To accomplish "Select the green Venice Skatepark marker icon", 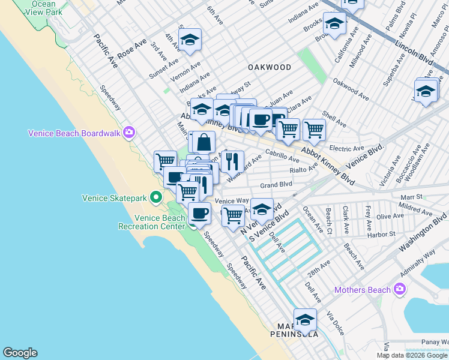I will (x=156, y=197).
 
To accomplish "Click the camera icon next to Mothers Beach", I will (x=400, y=290).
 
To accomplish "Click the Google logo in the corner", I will (x=20, y=353).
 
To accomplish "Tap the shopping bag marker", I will (x=204, y=142).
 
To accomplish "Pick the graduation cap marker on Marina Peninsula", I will (x=305, y=319).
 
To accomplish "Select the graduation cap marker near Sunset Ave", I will (x=190, y=40).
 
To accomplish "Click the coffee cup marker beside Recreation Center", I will (x=199, y=213).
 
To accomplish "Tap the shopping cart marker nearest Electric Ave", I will (x=313, y=128).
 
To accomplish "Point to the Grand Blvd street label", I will (x=276, y=185).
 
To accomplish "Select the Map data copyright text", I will (x=412, y=355).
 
